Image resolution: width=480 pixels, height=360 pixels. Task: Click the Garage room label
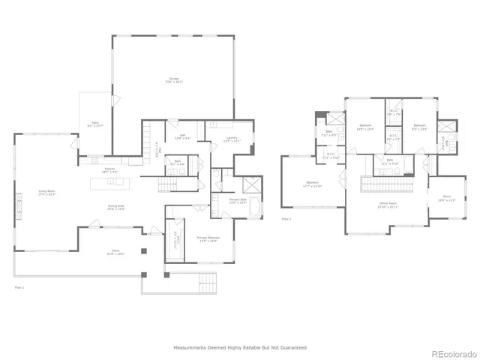[174, 81]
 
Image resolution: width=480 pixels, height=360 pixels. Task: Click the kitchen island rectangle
[116, 183]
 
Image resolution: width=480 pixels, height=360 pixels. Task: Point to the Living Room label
[48, 193]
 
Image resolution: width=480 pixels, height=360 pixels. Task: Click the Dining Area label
[115, 208]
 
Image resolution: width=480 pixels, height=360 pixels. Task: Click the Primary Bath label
[237, 201]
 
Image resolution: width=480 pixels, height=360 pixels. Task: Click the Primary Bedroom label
[207, 240]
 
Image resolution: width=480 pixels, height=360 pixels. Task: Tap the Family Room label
[388, 205]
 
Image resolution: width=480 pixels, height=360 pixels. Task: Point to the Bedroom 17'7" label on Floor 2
[312, 184]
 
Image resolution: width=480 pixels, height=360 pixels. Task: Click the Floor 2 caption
[286, 220]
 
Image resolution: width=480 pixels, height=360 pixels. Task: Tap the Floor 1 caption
[19, 286]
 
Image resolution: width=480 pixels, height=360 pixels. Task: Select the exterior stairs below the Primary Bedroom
[207, 283]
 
